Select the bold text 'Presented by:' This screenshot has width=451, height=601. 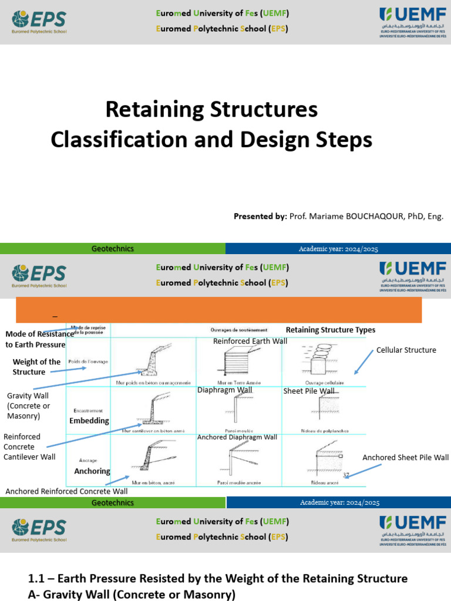260,217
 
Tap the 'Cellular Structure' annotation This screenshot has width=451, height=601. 406,350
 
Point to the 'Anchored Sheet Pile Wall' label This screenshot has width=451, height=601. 405,458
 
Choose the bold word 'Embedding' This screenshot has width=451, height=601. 89,421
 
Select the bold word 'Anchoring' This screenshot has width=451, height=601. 92,471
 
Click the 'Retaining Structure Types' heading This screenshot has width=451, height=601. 330,330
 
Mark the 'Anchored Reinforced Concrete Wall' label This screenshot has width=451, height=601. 66,491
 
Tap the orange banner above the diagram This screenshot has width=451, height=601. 218,309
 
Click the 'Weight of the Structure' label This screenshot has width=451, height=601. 36,367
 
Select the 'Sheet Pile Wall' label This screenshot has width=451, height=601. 309,391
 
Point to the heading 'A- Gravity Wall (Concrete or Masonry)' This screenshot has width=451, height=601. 132,595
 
